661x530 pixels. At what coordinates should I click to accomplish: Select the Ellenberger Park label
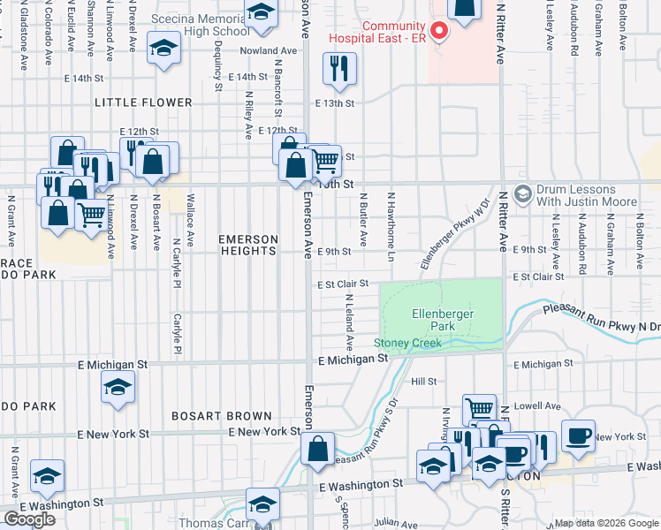(443, 320)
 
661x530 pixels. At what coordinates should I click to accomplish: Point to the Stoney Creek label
(406, 343)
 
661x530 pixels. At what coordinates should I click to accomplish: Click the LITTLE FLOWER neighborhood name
(143, 102)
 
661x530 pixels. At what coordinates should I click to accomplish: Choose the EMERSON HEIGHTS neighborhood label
(248, 245)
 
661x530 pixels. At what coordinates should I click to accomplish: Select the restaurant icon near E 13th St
(339, 69)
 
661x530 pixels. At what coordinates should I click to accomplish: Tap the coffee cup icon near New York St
(578, 435)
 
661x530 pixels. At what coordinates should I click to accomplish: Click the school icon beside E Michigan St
(118, 388)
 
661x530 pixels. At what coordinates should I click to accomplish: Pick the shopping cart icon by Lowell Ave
(479, 409)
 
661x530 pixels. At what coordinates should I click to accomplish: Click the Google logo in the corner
(30, 519)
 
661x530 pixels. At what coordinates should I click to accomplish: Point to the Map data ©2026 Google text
(606, 523)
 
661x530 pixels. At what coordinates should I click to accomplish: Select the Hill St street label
(424, 382)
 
